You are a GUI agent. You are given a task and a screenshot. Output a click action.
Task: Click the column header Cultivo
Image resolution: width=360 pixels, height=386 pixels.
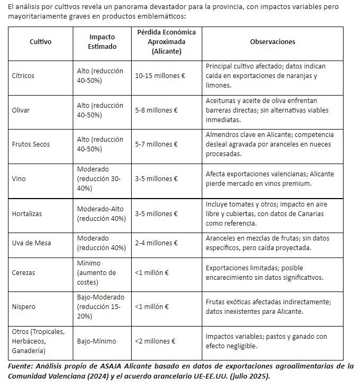[40, 42]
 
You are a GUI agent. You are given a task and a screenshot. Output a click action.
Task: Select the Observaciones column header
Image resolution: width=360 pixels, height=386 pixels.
[272, 42]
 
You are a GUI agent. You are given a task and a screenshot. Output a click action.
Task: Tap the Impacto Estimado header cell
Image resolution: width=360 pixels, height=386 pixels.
[102, 42]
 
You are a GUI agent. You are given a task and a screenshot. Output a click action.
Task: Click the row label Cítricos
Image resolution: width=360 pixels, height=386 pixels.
[23, 76]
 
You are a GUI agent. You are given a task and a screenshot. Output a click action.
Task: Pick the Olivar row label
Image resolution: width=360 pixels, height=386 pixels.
[21, 110]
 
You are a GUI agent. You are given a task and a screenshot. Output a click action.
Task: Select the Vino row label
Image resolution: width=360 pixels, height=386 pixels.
[19, 178]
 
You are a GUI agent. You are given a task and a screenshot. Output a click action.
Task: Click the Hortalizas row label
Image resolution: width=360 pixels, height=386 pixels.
[27, 213]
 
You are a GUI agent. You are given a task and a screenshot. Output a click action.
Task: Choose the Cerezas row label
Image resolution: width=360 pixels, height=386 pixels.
[23, 272]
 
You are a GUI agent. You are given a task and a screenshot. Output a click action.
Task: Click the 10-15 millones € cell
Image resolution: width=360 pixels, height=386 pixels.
[160, 76]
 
